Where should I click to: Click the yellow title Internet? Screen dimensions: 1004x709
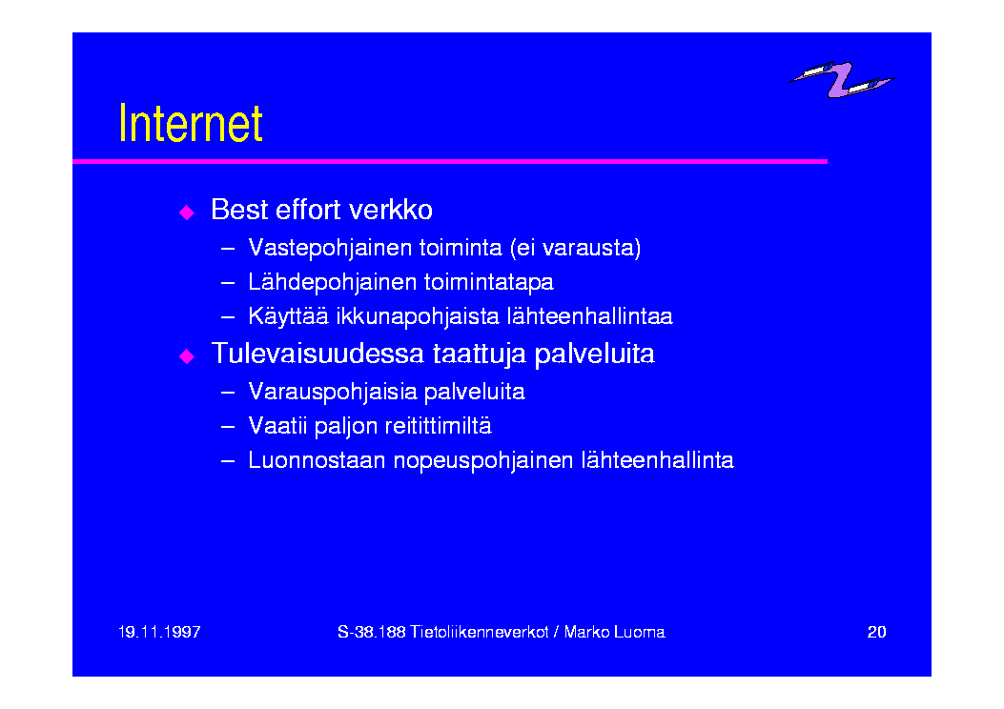coord(191,123)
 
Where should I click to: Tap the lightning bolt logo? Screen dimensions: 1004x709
coord(841,80)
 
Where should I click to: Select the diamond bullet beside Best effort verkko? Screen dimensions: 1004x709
coord(187,212)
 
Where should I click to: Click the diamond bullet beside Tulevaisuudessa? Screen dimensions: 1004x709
coord(187,355)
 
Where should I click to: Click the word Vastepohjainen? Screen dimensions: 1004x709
coord(330,249)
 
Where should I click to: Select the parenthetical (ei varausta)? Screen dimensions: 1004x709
coord(576,249)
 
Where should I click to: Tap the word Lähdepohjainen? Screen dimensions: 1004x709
coord(330,282)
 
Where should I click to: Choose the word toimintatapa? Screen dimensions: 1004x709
coord(488,282)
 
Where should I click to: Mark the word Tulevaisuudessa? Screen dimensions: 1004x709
coord(318,354)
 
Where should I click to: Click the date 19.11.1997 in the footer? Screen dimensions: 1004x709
coord(159,632)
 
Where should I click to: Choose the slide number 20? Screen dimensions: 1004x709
coord(876,632)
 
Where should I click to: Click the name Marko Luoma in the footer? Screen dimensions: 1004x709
coord(615,632)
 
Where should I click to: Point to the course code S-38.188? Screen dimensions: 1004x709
coord(372,632)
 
